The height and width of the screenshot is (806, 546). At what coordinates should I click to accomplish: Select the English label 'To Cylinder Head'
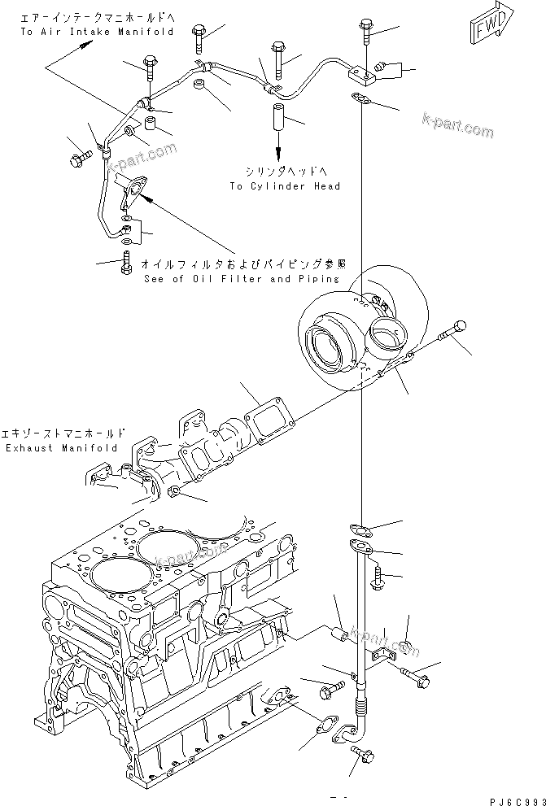click(284, 186)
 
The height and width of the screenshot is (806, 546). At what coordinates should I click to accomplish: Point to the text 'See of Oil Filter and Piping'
click(240, 278)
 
